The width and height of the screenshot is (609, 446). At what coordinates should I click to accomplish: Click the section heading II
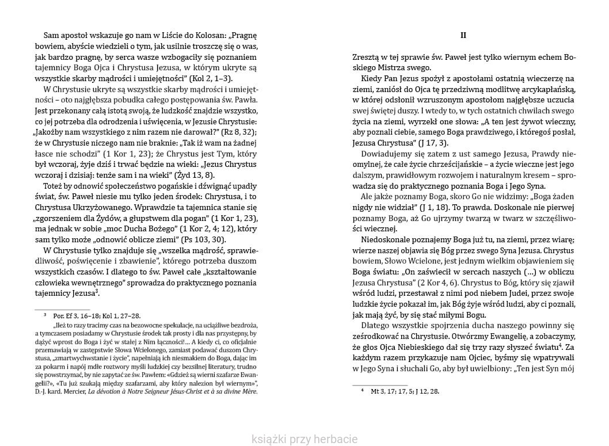point(463,35)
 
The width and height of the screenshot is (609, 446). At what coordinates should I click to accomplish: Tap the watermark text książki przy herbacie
point(304,440)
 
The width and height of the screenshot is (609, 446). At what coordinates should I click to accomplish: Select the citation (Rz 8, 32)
point(235,132)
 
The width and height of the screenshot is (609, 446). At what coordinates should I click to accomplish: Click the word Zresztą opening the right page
point(367,57)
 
